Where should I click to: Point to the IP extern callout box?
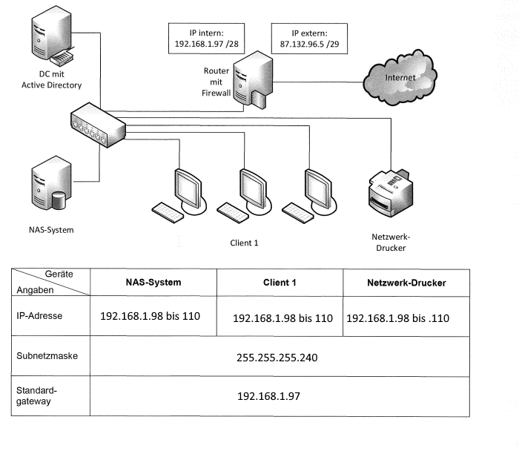[309, 39]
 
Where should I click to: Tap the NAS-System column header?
[153, 283]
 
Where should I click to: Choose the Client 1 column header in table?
[280, 283]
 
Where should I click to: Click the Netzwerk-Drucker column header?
[406, 283]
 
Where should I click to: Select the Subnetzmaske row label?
[47, 356]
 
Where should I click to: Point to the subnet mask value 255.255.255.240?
[277, 358]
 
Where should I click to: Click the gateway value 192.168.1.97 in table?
[268, 397]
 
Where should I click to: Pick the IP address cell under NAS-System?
[151, 316]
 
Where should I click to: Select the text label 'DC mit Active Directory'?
[51, 79]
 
